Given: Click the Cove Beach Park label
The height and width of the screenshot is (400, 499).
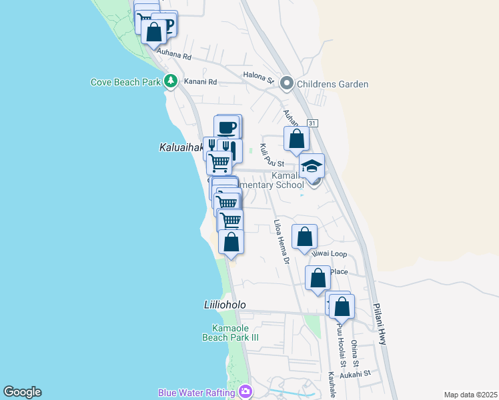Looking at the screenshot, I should pos(125,82).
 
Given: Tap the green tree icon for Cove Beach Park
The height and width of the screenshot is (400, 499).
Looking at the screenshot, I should pos(171,81).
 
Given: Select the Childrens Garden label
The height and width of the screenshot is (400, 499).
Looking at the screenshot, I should pos(333,84).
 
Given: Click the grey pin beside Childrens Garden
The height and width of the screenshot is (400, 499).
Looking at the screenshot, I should pos(288,83).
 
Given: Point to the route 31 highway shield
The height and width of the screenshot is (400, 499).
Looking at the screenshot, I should pos(312,123).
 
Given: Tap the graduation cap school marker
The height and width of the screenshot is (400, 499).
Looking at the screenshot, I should pos(312,166).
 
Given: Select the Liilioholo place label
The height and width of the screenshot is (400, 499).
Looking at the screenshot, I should pos(224,305).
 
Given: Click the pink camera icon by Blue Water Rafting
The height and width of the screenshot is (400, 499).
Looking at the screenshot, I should pos(245,391).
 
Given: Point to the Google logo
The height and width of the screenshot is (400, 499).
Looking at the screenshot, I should pos(22,392).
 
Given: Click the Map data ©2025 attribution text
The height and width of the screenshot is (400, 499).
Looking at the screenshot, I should pos(470,395).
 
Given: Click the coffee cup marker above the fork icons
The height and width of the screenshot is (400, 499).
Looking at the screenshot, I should pos(227,127).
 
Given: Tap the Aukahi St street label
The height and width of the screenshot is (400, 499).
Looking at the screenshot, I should pos(355,375).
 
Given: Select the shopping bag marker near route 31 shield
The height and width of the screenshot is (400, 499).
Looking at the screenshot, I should pos(296,139).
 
